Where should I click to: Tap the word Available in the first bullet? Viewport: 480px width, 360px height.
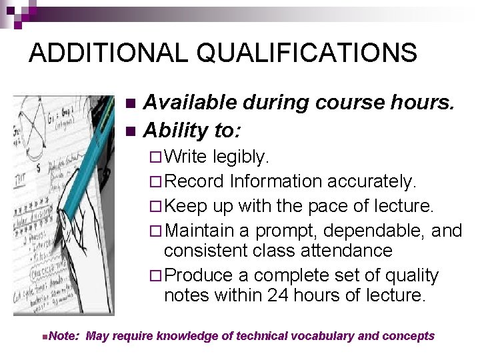point(190,103)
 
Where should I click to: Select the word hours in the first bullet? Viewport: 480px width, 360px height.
point(423,103)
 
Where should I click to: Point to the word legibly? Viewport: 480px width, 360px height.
point(241,157)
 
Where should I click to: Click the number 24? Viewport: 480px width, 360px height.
point(273,295)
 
